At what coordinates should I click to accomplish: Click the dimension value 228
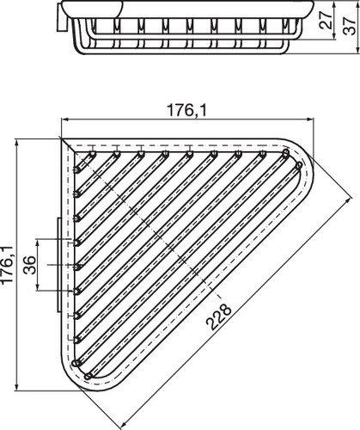tap(218, 316)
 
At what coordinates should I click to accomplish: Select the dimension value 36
tap(30, 265)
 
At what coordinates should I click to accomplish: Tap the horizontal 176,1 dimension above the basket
tap(186, 110)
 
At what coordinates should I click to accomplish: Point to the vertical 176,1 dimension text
tap(7, 265)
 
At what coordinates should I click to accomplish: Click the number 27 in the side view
tap(326, 20)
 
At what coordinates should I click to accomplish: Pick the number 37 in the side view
tap(350, 26)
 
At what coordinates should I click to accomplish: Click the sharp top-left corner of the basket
tap(61, 138)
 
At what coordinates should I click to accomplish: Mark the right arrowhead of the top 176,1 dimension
tap(311, 120)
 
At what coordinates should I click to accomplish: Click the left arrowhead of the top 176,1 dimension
tap(65, 120)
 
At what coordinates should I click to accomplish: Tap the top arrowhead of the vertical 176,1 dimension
tap(17, 143)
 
